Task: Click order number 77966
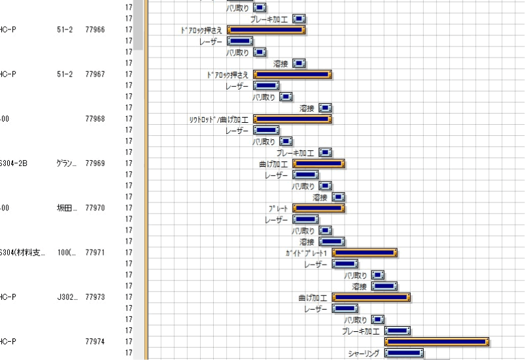(x=95, y=29)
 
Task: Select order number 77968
(x=95, y=119)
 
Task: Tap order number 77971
(x=95, y=252)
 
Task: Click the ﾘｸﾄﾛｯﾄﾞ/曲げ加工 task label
(x=218, y=120)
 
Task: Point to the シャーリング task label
(x=364, y=353)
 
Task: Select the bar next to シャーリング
(x=404, y=353)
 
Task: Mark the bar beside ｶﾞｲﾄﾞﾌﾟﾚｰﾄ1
(x=365, y=253)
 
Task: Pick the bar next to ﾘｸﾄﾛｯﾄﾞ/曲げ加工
(x=292, y=120)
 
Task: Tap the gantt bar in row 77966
(x=266, y=29)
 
